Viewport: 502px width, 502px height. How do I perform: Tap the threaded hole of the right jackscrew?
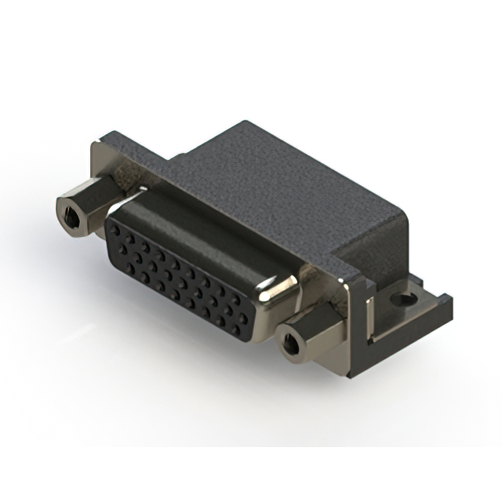[x=291, y=343]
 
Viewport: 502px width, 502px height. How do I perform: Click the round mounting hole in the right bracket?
[x=405, y=299]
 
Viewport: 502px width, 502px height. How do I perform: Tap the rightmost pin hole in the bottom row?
[x=236, y=321]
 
